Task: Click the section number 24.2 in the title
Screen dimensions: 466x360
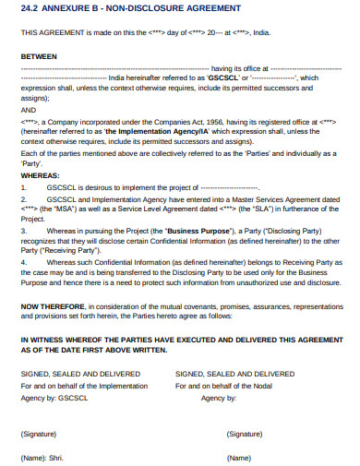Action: point(30,7)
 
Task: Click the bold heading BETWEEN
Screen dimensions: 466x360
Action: point(38,55)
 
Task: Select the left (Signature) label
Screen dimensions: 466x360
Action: point(42,434)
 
